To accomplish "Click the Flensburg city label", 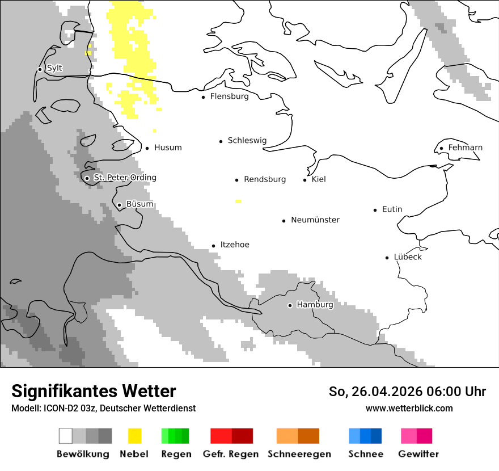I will click(x=229, y=96).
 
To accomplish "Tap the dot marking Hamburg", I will click(x=290, y=305).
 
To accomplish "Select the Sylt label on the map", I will click(x=54, y=69).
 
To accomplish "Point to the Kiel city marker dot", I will click(x=305, y=180).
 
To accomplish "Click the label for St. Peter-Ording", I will click(x=125, y=178).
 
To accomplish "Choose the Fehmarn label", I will click(x=465, y=148).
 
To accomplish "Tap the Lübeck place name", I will click(x=408, y=257).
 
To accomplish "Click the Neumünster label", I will click(x=315, y=220).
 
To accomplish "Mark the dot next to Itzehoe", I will click(x=213, y=246).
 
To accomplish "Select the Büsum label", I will click(x=139, y=204).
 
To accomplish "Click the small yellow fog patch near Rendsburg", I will click(x=238, y=201).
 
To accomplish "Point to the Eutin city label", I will click(x=392, y=209).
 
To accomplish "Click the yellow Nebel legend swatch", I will click(x=135, y=436).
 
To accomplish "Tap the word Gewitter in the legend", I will click(x=418, y=454).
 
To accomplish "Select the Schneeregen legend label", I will click(x=299, y=454).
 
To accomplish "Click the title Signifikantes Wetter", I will click(x=94, y=392).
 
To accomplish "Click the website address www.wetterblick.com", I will click(x=409, y=408).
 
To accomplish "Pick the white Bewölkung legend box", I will click(x=66, y=436).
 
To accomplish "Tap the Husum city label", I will click(x=168, y=148).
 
